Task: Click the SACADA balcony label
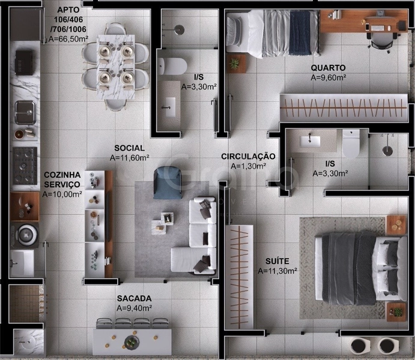click(x=134, y=298)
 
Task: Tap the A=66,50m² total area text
click(x=68, y=39)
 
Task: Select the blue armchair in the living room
click(x=168, y=182)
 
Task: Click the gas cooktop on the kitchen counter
click(x=25, y=166)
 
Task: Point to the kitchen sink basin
click(x=25, y=112)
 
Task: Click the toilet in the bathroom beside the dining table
click(x=172, y=66)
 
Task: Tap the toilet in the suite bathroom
click(x=351, y=144)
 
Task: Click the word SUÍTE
click(x=277, y=261)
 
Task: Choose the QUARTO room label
click(x=328, y=68)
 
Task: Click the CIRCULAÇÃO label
click(x=248, y=157)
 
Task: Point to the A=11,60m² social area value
click(x=129, y=158)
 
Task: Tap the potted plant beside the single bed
click(x=234, y=64)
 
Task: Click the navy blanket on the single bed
click(x=300, y=32)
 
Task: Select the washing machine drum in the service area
click(x=26, y=235)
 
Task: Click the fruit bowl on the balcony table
click(x=132, y=342)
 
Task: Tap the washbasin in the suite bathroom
click(x=310, y=142)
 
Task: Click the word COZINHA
click(x=62, y=175)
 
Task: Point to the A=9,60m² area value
click(x=329, y=78)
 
